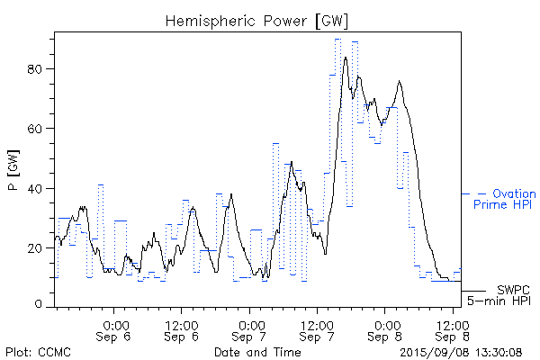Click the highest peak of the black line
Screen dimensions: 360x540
pos(346,58)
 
